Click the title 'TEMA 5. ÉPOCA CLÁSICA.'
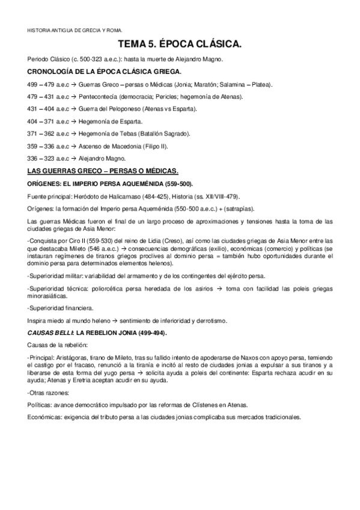point(180,45)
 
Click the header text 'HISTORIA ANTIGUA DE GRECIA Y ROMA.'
point(75,29)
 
